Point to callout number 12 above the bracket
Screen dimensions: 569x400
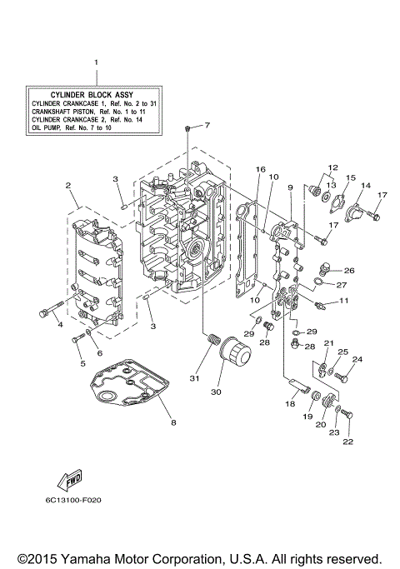coord(332,167)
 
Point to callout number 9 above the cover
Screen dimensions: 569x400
coord(290,187)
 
